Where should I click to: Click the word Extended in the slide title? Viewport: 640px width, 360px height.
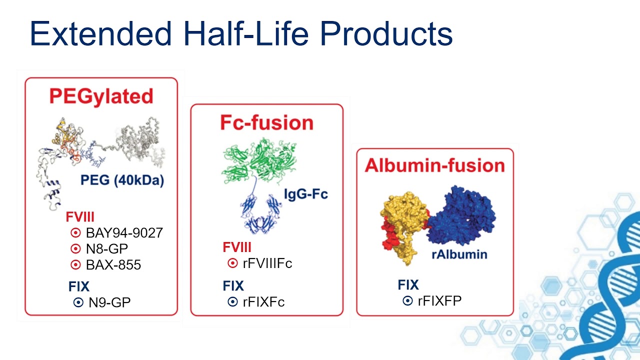[100, 34]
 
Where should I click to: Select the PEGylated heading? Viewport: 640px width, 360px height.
[101, 96]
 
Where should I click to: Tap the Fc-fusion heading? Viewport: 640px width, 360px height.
[266, 122]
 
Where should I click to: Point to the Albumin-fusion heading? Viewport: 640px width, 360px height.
[434, 165]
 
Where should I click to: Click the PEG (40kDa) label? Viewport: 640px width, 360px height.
[122, 180]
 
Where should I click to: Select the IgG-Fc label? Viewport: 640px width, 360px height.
[306, 193]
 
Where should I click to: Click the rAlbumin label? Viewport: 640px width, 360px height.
[459, 254]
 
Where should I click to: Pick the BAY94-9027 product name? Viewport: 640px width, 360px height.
[124, 233]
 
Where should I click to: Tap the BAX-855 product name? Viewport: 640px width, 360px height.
[113, 265]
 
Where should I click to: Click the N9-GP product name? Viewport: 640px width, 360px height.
[109, 302]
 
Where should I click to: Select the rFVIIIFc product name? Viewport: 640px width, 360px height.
[267, 263]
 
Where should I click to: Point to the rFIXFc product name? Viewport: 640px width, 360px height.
[263, 302]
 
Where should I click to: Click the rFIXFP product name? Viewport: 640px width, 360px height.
[439, 300]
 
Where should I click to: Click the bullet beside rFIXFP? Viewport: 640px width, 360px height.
[408, 300]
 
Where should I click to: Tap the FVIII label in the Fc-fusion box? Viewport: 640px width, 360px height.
[237, 247]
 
